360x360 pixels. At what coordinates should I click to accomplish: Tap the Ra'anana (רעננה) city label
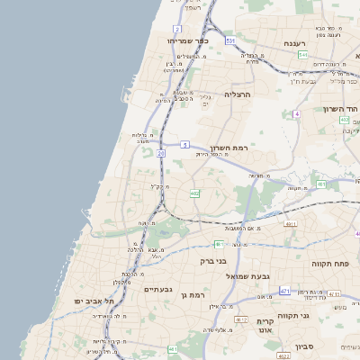tap(295, 43)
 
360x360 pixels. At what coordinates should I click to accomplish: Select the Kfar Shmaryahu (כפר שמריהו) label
tap(188, 40)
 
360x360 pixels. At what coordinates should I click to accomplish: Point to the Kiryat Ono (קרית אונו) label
tap(265, 326)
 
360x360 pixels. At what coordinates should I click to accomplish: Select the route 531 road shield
tap(230, 41)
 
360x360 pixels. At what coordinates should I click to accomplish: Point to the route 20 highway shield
tap(161, 154)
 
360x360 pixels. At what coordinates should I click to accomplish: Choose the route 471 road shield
tap(284, 292)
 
